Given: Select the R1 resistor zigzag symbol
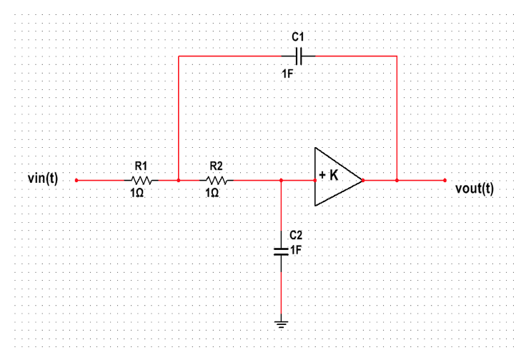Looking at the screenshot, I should point(140,181).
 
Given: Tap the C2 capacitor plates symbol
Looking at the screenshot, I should point(282,250).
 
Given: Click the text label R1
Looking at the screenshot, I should point(140,166).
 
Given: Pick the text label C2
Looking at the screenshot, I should point(296,234).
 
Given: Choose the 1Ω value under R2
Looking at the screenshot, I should point(213,194).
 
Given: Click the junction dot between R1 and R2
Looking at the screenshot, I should point(178,181).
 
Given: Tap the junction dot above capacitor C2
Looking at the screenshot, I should point(282,181).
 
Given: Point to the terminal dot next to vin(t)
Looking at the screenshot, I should point(76,181).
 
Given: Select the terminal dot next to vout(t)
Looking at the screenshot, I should point(445,181).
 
